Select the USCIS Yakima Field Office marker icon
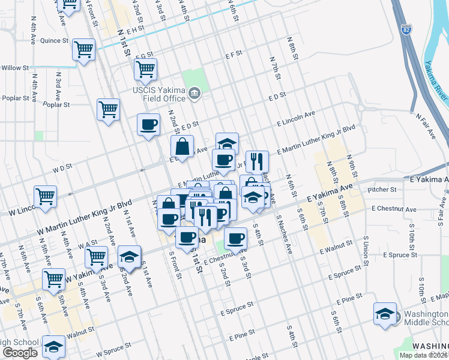click(x=194, y=93)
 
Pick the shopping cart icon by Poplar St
click(x=109, y=110)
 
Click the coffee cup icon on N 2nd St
click(x=148, y=125)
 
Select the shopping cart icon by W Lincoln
click(x=45, y=196)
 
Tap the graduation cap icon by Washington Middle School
click(x=385, y=314)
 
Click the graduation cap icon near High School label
click(x=53, y=346)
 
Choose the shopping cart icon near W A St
click(x=96, y=256)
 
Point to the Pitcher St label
click(x=384, y=190)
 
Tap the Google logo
click(x=20, y=352)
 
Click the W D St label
click(x=62, y=169)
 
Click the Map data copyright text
click(x=423, y=355)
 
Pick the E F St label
click(x=234, y=54)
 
